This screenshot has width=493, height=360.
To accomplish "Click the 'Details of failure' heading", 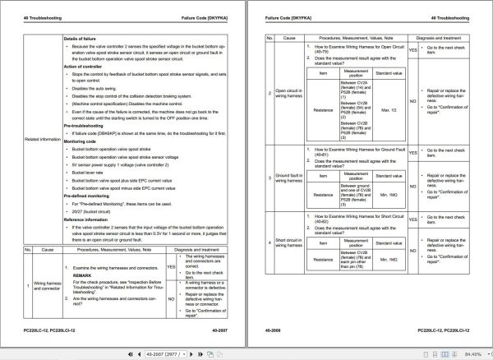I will click(x=85, y=39).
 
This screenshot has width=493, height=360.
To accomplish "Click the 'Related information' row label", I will click(x=42, y=139).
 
